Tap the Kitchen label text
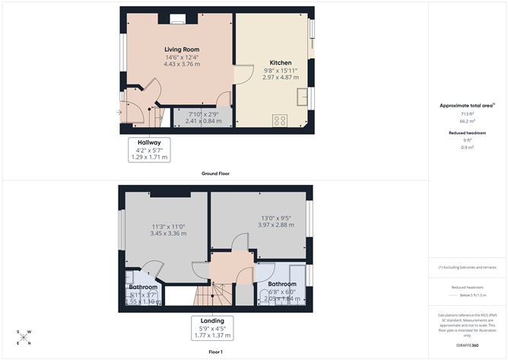[281, 62]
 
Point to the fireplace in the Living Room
[177, 21]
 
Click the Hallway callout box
[149, 149]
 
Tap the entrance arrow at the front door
[119, 113]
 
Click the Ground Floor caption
[215, 174]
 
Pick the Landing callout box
[212, 327]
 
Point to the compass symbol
[24, 336]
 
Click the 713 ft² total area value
[467, 113]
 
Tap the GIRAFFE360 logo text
[467, 345]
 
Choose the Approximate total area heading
[466, 105]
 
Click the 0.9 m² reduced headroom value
[467, 148]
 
